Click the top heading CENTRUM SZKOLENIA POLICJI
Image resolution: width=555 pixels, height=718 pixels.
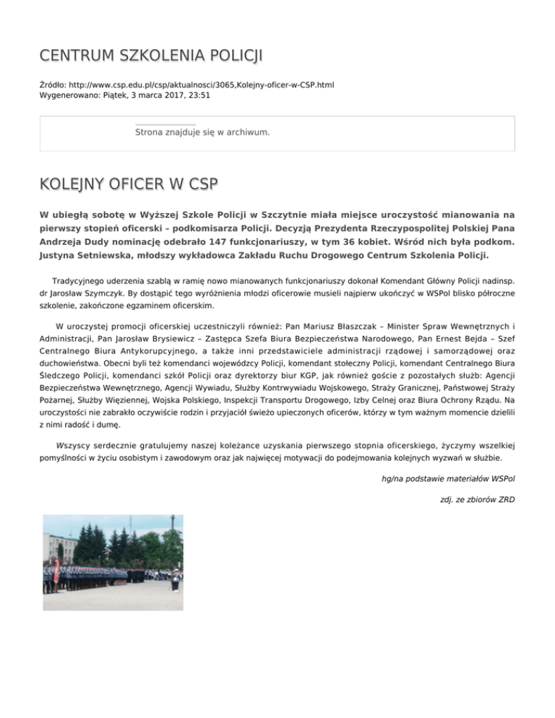click(151, 55)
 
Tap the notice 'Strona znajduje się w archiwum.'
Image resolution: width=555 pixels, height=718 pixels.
click(202, 133)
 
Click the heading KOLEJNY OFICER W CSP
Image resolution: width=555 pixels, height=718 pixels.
click(129, 184)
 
